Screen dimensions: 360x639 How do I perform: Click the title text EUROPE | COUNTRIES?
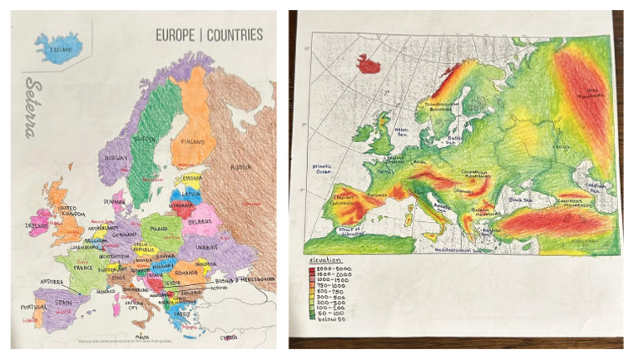(x=209, y=35)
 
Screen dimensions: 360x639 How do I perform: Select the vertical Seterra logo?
(x=33, y=108)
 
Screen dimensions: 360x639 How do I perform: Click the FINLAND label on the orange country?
(x=193, y=142)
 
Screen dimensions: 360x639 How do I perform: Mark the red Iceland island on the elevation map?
(x=367, y=62)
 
